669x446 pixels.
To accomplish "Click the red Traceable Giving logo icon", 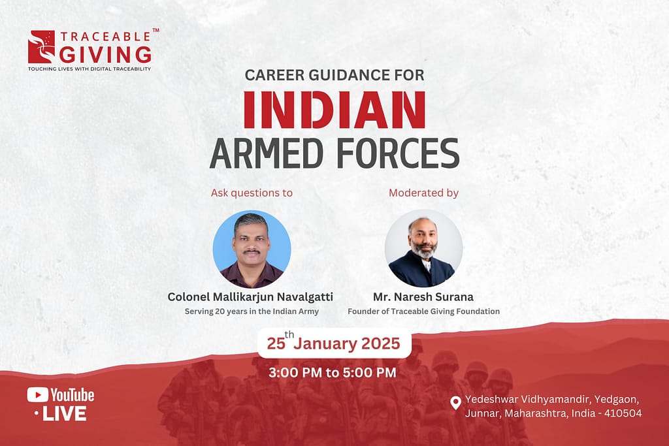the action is click(41, 46).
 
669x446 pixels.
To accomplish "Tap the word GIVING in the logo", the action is click(105, 55).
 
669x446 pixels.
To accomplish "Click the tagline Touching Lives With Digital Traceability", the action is click(90, 69).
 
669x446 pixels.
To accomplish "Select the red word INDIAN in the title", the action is click(334, 110).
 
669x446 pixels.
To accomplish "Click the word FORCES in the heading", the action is click(398, 153).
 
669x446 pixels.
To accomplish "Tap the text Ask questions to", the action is click(252, 193).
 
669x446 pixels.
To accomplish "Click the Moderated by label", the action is click(423, 193).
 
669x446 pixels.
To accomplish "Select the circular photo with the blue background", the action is click(252, 249).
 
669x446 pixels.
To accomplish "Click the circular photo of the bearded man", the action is click(423, 249).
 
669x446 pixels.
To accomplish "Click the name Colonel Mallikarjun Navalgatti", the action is click(250, 296).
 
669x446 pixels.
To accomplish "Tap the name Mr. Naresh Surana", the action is click(423, 296).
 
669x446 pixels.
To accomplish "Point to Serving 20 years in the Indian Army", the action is click(252, 311).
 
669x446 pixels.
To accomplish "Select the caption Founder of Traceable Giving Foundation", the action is click(423, 311).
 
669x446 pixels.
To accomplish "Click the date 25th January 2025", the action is click(334, 343).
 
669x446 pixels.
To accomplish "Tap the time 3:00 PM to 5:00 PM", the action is click(333, 373).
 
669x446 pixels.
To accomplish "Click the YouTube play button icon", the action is click(37, 395).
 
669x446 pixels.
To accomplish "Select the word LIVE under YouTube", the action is click(65, 413).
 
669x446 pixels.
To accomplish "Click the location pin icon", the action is click(455, 403).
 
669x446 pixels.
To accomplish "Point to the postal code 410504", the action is click(623, 413).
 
